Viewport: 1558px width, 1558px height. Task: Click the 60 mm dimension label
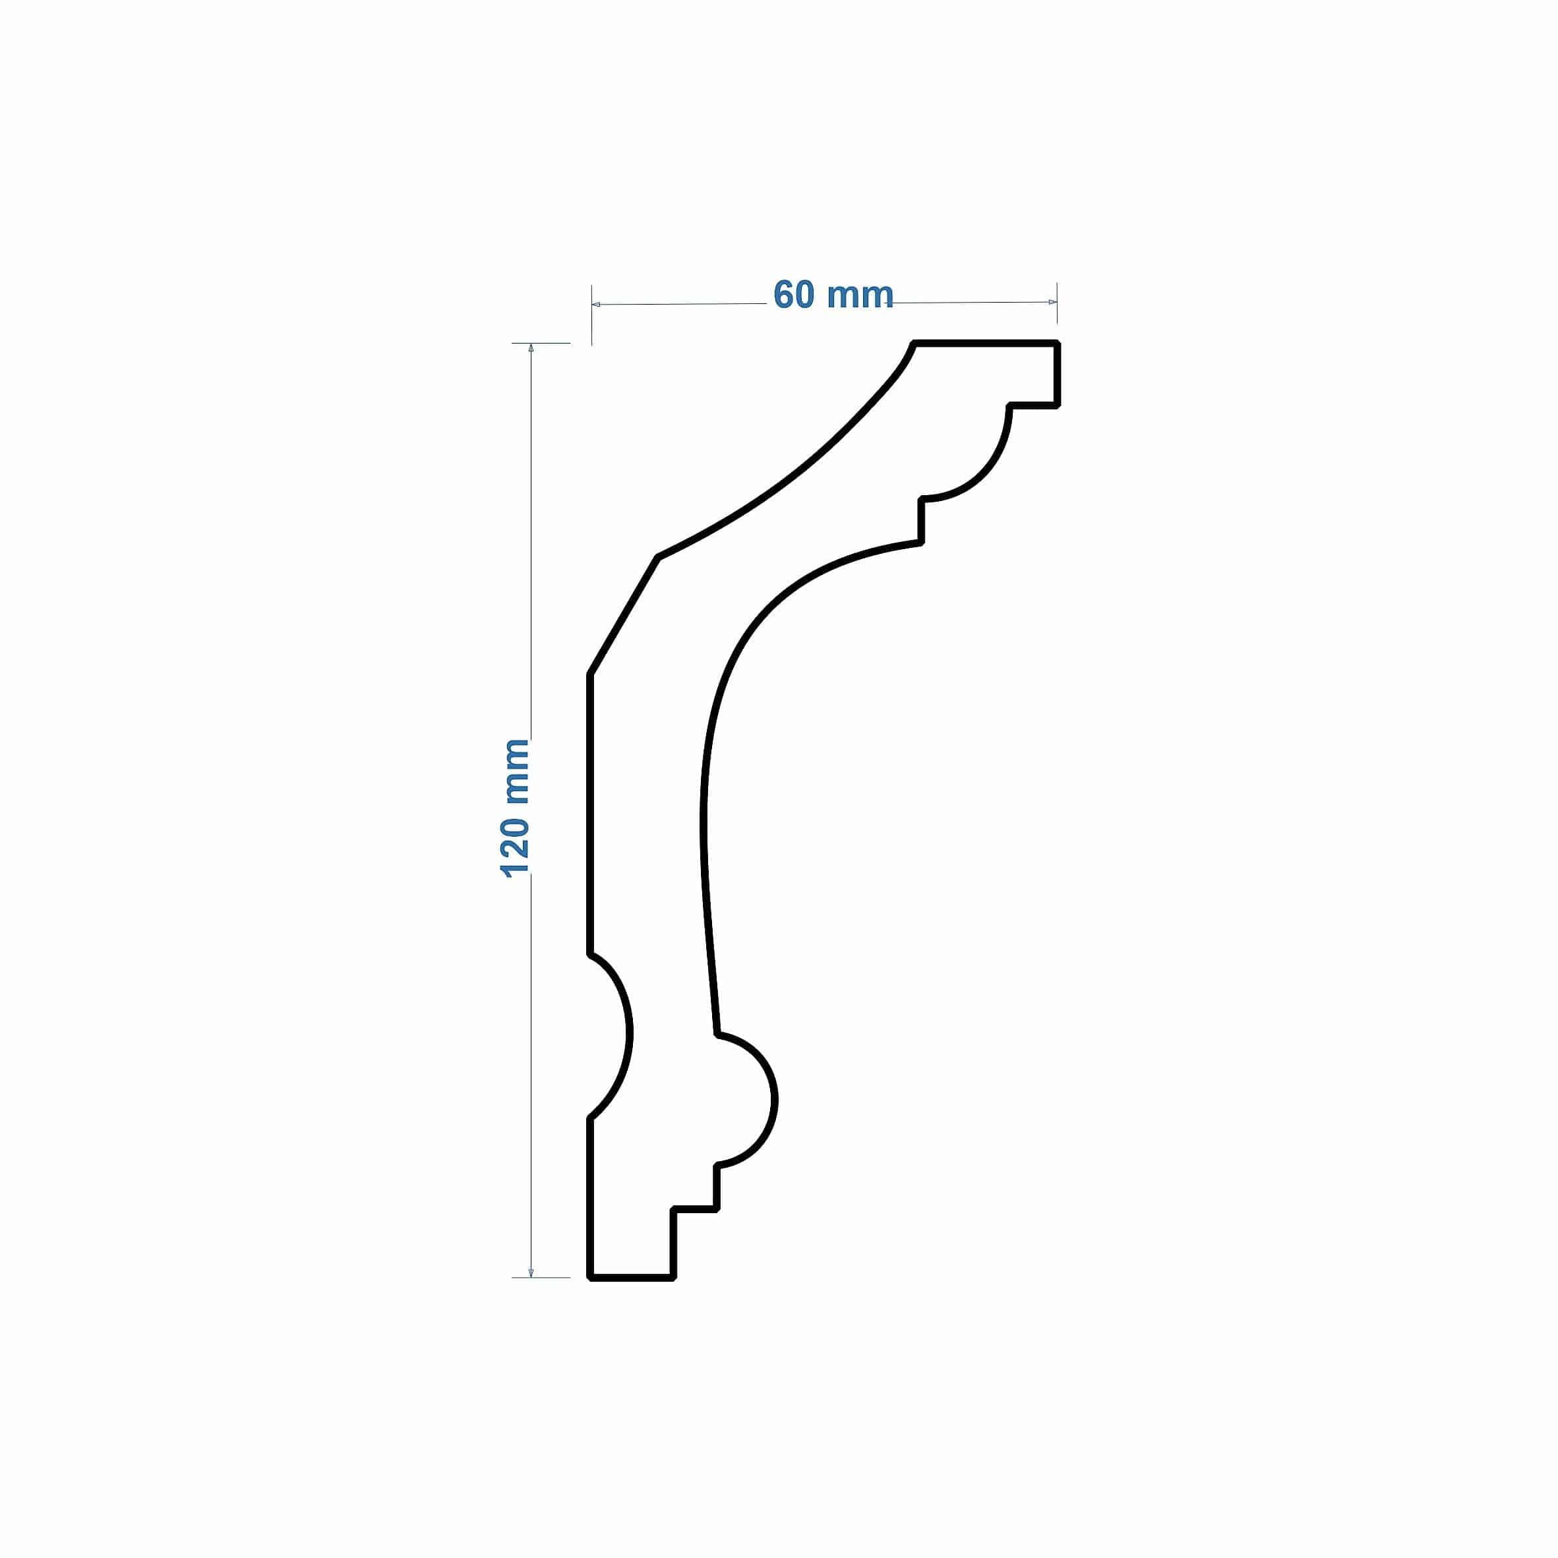[833, 295]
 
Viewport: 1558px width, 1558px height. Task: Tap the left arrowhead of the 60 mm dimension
[596, 305]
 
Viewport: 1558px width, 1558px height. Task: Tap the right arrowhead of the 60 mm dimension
[1052, 303]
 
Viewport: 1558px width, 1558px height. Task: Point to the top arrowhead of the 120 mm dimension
[531, 348]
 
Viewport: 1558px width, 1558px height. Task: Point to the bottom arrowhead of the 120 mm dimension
[531, 1273]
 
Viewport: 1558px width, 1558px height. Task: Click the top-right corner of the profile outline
[1056, 344]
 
